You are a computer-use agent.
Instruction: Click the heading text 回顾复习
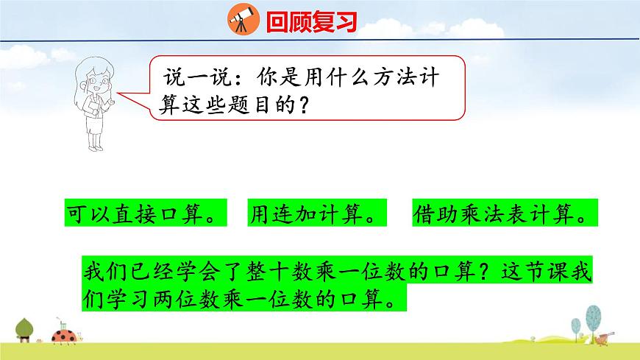(x=311, y=21)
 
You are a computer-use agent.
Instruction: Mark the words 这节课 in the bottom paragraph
(x=533, y=272)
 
